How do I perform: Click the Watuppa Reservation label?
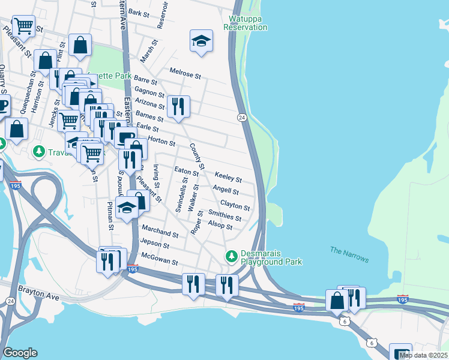(x=245, y=23)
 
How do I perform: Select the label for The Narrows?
(x=349, y=254)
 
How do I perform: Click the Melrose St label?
(x=185, y=73)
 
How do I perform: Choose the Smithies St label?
(x=224, y=215)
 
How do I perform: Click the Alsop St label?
(x=220, y=226)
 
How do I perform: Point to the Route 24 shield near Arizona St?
(x=241, y=118)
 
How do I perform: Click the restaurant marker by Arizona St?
(x=178, y=107)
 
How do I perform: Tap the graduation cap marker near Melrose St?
(x=202, y=41)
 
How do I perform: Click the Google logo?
(x=20, y=353)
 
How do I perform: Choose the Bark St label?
(x=138, y=13)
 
